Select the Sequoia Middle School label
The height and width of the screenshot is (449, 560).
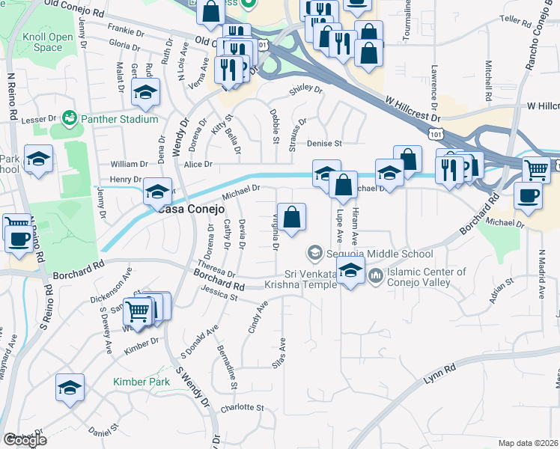coord(380,253)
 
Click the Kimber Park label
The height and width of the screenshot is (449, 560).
coord(141,382)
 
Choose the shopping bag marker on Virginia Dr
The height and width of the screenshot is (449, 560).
coord(292,217)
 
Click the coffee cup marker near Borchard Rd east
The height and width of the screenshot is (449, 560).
coord(529,196)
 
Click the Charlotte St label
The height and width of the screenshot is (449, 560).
coord(243,409)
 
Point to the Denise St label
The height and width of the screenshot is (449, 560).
coord(324,143)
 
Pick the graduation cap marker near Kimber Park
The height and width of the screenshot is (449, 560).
coord(70,388)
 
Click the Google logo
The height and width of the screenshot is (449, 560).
coord(25,439)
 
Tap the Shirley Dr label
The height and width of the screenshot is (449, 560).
coord(306,91)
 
